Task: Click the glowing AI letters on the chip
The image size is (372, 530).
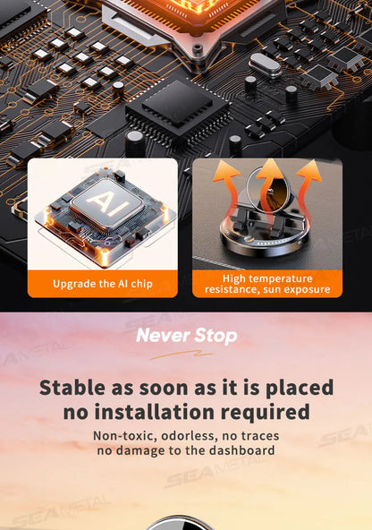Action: pyautogui.click(x=106, y=203)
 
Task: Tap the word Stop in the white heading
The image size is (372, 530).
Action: pyautogui.click(x=216, y=336)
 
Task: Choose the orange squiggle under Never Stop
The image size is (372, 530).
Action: pyautogui.click(x=182, y=355)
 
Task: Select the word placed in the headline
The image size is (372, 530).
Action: pyautogui.click(x=300, y=389)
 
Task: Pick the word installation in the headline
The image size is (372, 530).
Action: pyautogui.click(x=155, y=412)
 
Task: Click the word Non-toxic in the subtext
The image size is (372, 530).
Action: pyautogui.click(x=125, y=436)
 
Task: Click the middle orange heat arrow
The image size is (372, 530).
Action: pyautogui.click(x=268, y=192)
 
